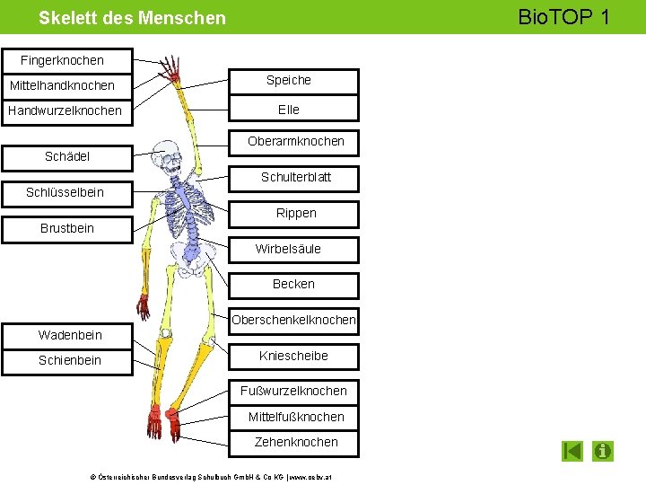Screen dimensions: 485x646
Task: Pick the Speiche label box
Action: pyautogui.click(x=289, y=81)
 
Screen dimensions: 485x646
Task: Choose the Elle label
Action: pyautogui.click(x=289, y=110)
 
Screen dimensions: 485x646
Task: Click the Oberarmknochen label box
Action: pyautogui.click(x=295, y=141)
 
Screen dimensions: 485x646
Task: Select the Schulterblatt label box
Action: pyautogui.click(x=295, y=177)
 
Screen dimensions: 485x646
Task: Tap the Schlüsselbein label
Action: pyautogui.click(x=65, y=192)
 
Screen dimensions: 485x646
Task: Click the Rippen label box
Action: pyautogui.click(x=295, y=213)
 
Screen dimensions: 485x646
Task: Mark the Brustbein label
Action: pyautogui.click(x=67, y=228)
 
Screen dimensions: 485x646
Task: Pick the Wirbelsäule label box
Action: pyautogui.click(x=288, y=249)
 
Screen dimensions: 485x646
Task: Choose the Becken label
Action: pyautogui.click(x=293, y=284)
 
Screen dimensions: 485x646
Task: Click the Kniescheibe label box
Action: pyautogui.click(x=293, y=356)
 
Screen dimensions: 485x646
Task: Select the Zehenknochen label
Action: pyautogui.click(x=295, y=442)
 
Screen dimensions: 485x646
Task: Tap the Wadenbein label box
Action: pyautogui.click(x=70, y=335)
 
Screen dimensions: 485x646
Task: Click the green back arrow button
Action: pyautogui.click(x=572, y=451)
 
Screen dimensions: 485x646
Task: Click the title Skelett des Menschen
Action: pyautogui.click(x=132, y=18)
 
